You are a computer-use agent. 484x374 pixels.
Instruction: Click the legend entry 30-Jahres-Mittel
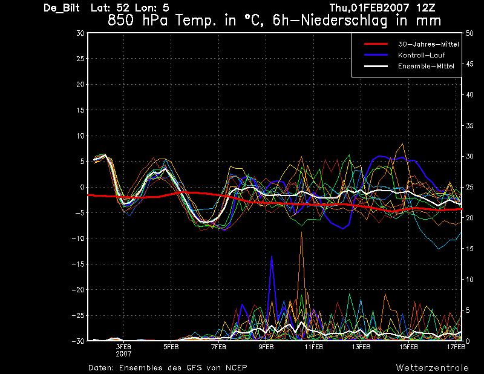(x=428, y=44)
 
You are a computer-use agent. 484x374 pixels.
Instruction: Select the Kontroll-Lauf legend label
(x=421, y=55)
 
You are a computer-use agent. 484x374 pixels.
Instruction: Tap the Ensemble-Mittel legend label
(x=426, y=66)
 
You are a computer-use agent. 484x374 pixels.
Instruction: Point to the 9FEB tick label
(x=266, y=347)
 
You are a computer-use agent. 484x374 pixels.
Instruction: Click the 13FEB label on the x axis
(x=361, y=347)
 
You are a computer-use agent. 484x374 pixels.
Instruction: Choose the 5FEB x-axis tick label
(x=171, y=347)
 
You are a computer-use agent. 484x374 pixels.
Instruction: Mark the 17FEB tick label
(x=456, y=347)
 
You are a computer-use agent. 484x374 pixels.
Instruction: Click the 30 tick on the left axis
(x=80, y=33)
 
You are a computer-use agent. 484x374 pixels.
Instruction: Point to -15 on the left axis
(x=78, y=264)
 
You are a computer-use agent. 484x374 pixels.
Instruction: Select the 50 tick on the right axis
(x=469, y=33)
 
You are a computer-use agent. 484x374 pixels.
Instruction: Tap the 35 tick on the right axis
(x=469, y=126)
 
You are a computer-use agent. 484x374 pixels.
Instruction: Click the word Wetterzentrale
(x=433, y=368)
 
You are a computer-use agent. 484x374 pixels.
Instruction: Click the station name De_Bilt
(x=62, y=8)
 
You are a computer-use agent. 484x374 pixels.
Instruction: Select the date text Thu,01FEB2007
(x=369, y=8)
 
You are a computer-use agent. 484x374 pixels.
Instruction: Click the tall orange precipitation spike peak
(x=301, y=232)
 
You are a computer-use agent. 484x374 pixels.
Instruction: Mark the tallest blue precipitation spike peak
(x=272, y=257)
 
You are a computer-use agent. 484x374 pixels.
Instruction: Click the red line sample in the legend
(x=376, y=44)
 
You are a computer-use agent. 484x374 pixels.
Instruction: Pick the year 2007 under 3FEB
(x=123, y=354)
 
